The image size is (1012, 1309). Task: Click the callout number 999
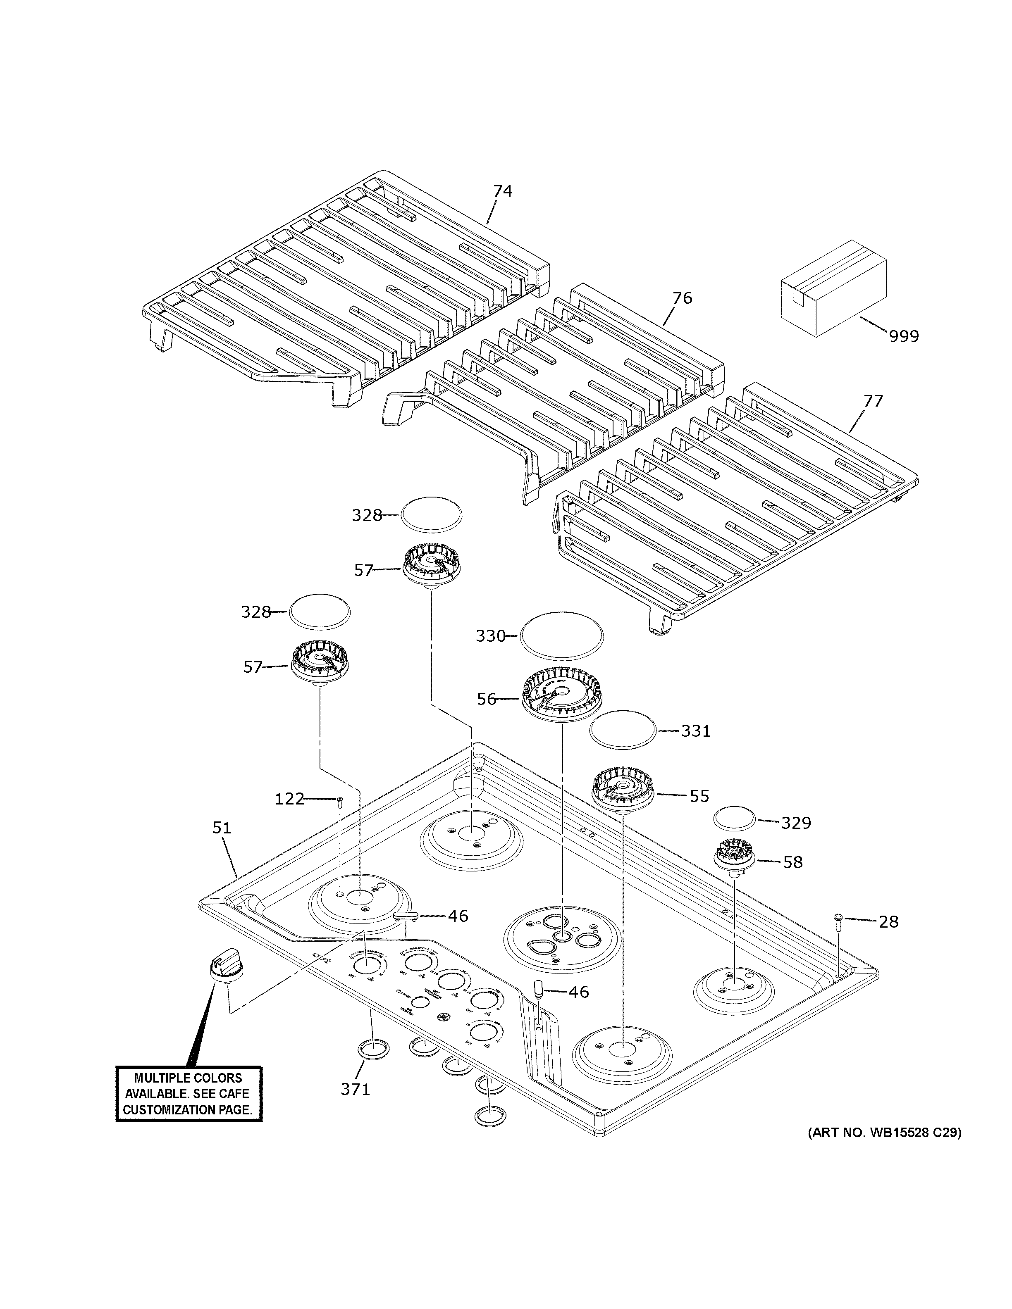click(904, 336)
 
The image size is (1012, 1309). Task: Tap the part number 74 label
click(502, 191)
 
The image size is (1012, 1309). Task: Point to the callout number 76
click(682, 298)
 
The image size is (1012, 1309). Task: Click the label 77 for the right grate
click(873, 400)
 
